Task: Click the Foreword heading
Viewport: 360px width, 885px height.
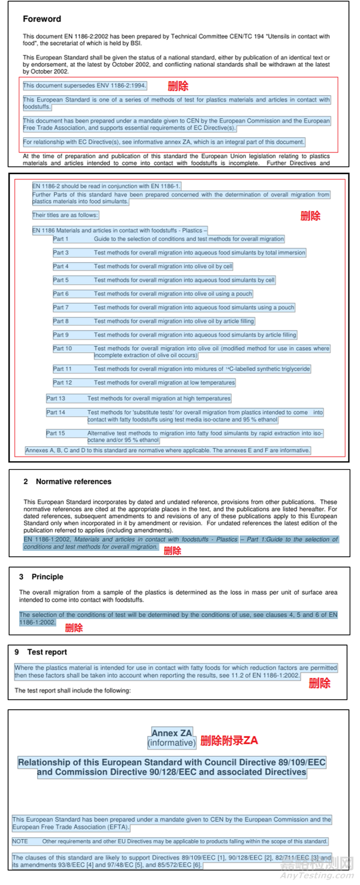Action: (x=42, y=19)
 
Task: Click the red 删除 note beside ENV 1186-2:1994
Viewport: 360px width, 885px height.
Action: (x=178, y=86)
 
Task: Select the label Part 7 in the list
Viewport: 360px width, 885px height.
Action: (x=60, y=307)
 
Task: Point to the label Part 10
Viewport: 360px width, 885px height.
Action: (x=62, y=348)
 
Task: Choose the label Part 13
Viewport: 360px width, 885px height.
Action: (x=56, y=398)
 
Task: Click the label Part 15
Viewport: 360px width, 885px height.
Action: (x=56, y=433)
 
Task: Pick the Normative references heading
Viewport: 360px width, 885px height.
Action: (x=73, y=481)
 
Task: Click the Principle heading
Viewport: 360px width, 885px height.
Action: (x=47, y=577)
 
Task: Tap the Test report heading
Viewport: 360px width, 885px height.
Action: (x=47, y=652)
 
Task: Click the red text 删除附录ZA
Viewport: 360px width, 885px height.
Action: (x=229, y=740)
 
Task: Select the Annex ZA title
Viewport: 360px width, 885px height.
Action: (x=172, y=733)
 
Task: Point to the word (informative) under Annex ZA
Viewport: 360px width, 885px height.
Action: (x=172, y=743)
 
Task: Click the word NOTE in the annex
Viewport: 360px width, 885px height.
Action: (x=20, y=841)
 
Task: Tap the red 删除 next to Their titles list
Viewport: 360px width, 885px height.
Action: (x=310, y=216)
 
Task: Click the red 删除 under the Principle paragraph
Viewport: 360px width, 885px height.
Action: (x=74, y=628)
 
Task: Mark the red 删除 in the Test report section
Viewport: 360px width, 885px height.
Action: (x=319, y=683)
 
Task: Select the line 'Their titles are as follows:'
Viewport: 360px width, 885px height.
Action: (x=65, y=215)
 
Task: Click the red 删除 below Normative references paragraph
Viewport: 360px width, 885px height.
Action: (x=172, y=551)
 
